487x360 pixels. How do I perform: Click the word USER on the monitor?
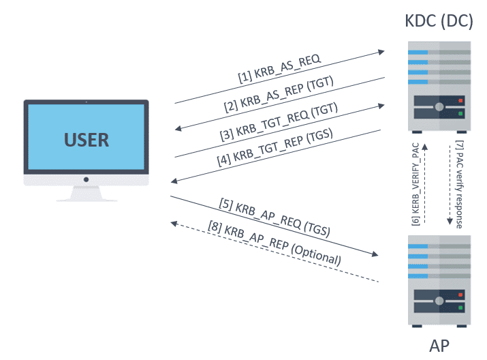87,140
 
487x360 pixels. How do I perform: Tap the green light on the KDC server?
461,113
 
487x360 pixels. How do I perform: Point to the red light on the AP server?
461,295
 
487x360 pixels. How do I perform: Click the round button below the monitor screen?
86,180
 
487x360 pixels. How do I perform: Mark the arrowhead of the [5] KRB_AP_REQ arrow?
375,254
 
